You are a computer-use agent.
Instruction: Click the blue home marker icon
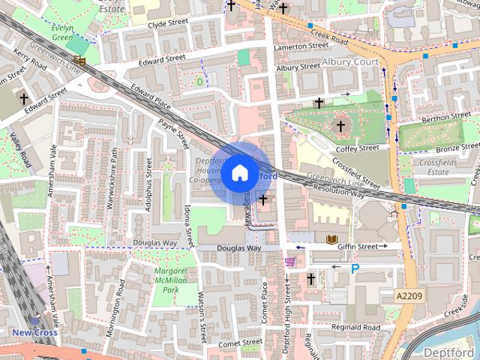click(239, 173)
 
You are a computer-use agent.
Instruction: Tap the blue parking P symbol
click(355, 268)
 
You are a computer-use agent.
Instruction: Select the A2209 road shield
click(409, 297)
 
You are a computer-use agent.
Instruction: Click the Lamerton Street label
click(302, 46)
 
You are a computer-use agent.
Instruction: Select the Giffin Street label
click(358, 245)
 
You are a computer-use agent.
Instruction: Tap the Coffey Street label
click(358, 148)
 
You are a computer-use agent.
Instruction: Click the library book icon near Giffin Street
click(332, 240)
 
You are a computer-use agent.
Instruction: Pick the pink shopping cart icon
click(290, 261)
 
